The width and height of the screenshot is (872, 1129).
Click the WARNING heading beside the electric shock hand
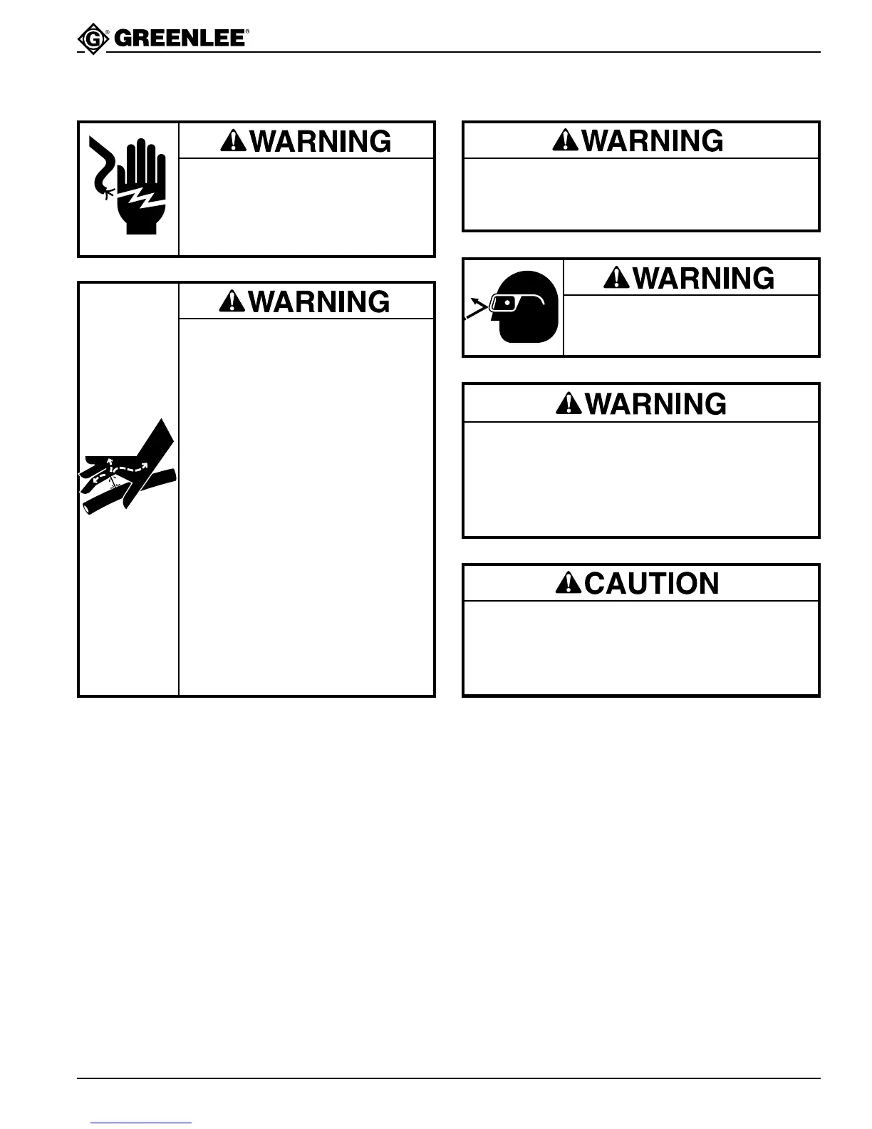click(320, 141)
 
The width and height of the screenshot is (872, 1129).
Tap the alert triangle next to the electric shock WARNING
click(234, 141)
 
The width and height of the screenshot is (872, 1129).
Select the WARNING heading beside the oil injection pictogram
click(320, 301)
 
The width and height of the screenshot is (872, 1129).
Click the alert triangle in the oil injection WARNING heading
click(234, 301)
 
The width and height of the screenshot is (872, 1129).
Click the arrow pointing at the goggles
click(476, 310)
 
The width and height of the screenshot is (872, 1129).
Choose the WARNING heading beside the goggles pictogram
click(702, 278)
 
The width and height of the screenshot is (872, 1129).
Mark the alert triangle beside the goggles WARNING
click(616, 278)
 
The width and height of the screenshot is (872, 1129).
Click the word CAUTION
click(652, 583)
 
